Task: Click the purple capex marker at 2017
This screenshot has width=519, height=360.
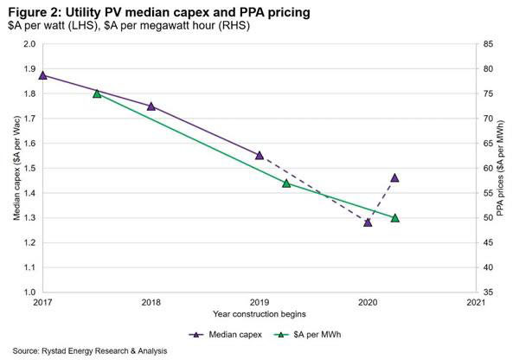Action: (x=43, y=74)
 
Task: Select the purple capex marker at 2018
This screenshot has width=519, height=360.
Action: (x=151, y=106)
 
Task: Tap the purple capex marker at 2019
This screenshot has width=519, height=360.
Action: (x=259, y=156)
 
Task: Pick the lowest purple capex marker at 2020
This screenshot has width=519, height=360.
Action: (x=368, y=222)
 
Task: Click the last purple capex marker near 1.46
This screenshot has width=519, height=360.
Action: (x=394, y=177)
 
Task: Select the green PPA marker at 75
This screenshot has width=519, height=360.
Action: (x=97, y=93)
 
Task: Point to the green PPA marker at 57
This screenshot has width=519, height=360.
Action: (x=286, y=183)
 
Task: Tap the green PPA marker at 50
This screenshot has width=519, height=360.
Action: (x=394, y=218)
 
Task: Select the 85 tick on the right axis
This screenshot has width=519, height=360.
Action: (x=489, y=43)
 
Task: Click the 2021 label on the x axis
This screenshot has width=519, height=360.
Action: (x=475, y=304)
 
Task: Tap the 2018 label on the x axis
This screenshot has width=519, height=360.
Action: (x=151, y=304)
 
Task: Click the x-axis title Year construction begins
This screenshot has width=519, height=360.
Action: (x=259, y=314)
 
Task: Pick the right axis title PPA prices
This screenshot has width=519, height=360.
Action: (x=505, y=168)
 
